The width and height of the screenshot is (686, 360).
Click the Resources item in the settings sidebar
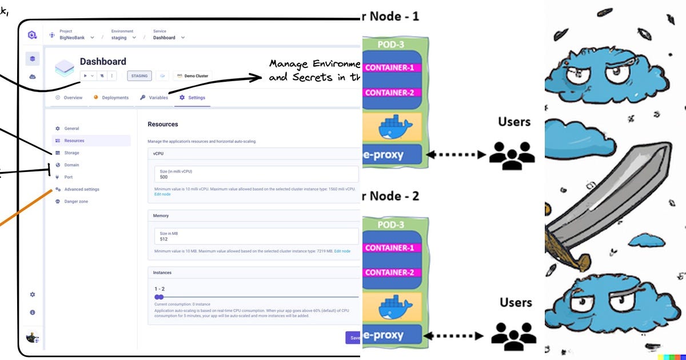[x=74, y=141]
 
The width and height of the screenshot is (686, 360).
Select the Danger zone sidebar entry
[x=76, y=202]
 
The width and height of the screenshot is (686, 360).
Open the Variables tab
[x=158, y=98]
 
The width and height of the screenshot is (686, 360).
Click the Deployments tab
[x=115, y=98]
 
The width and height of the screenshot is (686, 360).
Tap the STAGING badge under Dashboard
[x=139, y=75]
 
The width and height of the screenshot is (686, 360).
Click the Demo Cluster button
[x=193, y=75]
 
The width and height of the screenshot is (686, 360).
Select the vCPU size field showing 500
[x=256, y=174]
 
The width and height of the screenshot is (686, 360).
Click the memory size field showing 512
[x=256, y=236]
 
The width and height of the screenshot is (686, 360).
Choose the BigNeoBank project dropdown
[x=77, y=38]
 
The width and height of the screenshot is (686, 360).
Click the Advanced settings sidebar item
[x=81, y=189]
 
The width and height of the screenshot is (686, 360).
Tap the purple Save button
[x=353, y=337]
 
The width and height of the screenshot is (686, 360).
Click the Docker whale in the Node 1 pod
[x=394, y=127]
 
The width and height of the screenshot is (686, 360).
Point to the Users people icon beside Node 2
[x=513, y=334]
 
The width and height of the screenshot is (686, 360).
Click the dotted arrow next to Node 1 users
[x=456, y=154]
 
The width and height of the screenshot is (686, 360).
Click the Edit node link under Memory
[x=342, y=251]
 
